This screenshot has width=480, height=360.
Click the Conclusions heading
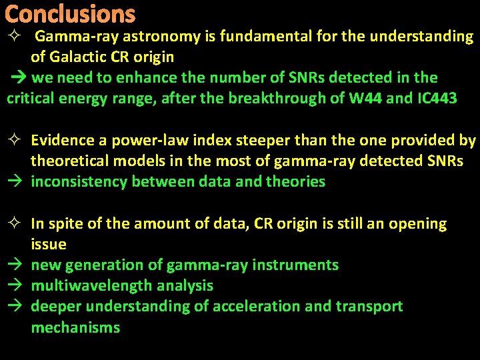click(x=70, y=14)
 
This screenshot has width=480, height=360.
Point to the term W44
click(x=365, y=99)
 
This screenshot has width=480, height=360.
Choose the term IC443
click(x=437, y=99)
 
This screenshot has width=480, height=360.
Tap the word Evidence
click(x=62, y=141)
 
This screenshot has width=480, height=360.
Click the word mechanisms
click(x=75, y=327)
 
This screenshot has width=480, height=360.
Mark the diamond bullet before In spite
click(x=16, y=224)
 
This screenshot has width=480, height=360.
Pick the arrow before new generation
click(x=16, y=265)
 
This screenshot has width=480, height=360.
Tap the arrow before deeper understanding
click(x=16, y=307)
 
